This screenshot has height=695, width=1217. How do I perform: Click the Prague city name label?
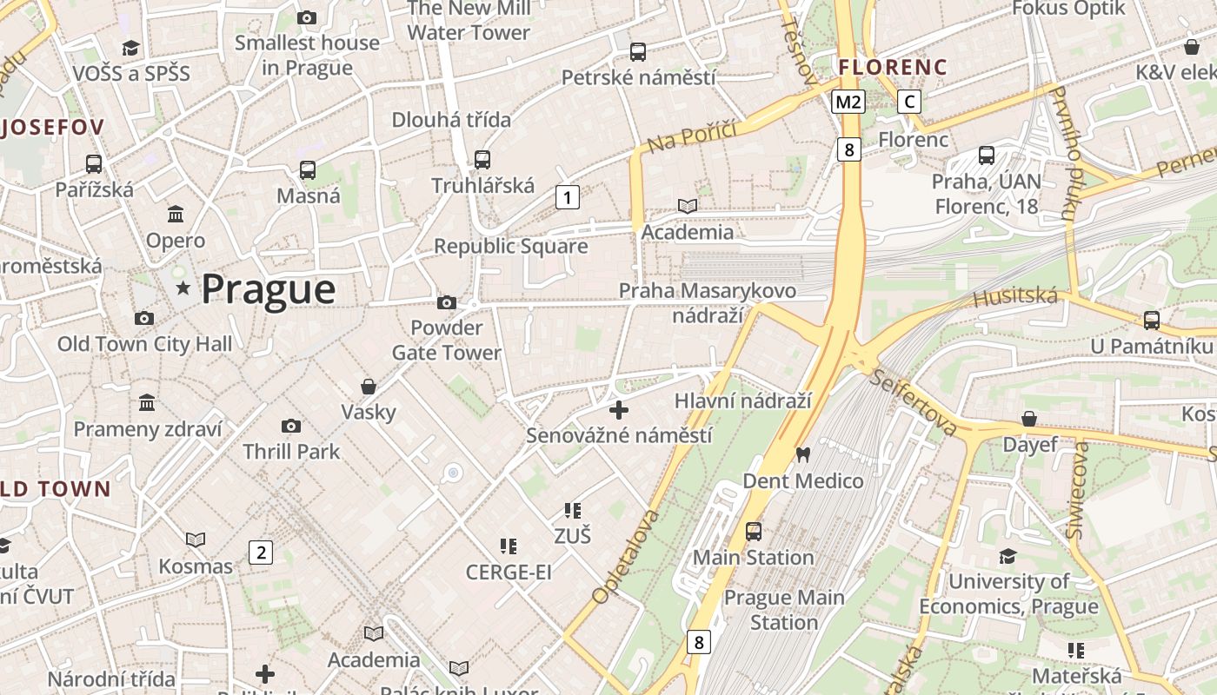point(268,289)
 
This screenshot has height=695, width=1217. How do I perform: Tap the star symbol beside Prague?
point(183,288)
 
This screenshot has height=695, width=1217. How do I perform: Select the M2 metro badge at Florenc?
point(848,102)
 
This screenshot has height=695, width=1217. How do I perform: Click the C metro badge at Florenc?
point(909,102)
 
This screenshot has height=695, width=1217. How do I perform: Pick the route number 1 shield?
point(568,198)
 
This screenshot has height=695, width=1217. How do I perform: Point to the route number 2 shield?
point(260,552)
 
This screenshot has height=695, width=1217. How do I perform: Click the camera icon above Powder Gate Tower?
point(447,302)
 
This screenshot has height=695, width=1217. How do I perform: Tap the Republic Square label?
point(510,247)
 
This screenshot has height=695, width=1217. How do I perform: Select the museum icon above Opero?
point(176,214)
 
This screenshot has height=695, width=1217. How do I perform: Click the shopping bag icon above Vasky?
point(369,386)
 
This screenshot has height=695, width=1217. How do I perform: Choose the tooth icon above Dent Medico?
point(803,453)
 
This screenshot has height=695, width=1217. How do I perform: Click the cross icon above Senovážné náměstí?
point(619,409)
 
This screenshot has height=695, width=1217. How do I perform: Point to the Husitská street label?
point(1015,298)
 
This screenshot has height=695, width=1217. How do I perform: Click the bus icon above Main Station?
point(754,531)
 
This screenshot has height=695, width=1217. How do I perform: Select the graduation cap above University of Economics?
point(1008,555)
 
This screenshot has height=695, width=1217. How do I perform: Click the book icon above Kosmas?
point(196,539)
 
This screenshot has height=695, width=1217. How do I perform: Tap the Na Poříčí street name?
point(692,136)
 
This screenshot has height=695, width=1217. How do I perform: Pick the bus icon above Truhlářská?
point(482,160)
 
